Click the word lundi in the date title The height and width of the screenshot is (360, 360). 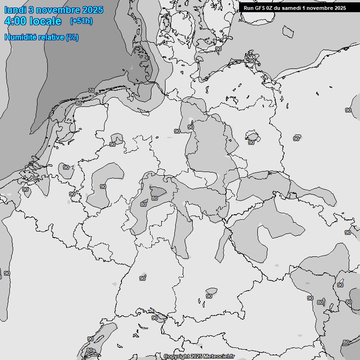[15, 10]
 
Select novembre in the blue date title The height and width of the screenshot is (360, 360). [60, 10]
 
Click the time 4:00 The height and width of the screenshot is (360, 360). [15, 21]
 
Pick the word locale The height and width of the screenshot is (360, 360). [45, 21]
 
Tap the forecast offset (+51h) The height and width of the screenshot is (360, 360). [81, 21]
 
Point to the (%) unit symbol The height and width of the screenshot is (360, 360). [72, 37]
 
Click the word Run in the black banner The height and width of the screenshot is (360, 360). [248, 8]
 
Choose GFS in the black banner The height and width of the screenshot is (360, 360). [260, 8]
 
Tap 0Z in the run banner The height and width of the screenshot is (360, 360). [271, 8]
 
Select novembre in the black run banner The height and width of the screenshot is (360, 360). [321, 8]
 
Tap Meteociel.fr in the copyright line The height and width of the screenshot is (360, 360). [219, 357]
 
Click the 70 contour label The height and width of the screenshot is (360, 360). [91, 90]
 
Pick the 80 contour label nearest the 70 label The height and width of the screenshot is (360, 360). [78, 103]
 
